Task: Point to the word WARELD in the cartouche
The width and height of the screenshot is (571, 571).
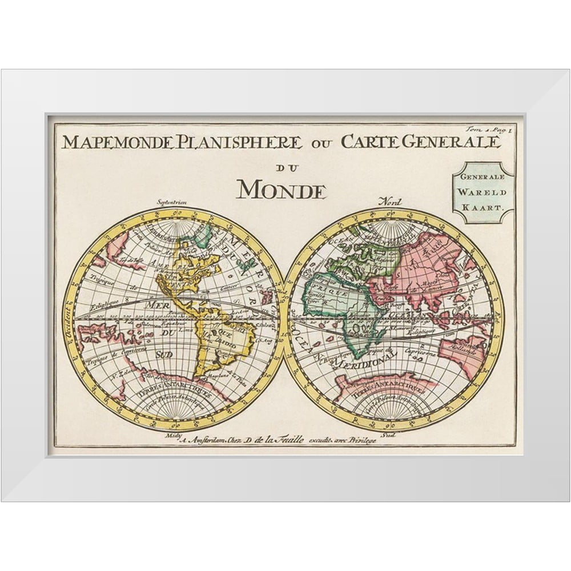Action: click(483, 193)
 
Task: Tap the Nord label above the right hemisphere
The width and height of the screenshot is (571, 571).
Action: click(393, 202)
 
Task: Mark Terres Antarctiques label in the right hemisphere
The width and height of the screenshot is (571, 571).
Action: click(392, 388)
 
